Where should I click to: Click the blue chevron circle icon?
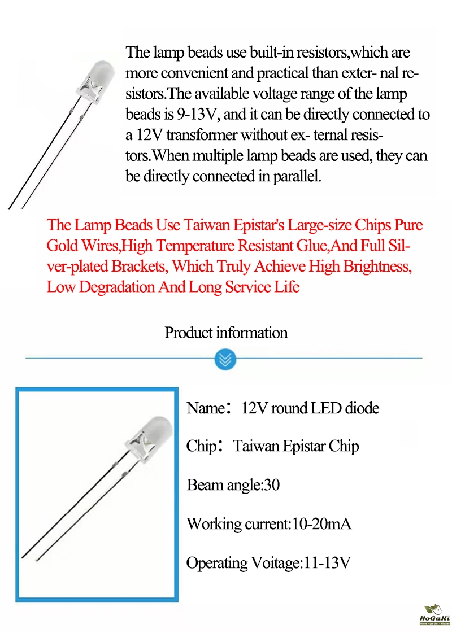225,359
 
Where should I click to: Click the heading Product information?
226,333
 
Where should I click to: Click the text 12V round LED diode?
310,408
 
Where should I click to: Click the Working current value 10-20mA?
321,524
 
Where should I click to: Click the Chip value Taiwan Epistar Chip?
296,446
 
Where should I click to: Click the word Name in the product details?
206,408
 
